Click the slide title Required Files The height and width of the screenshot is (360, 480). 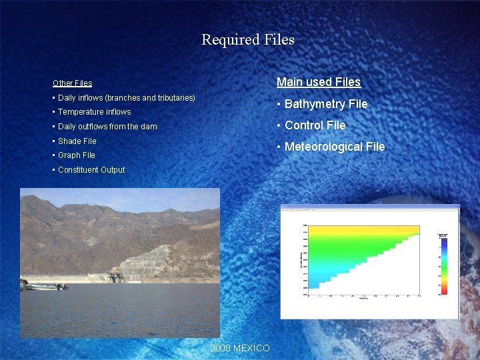248,40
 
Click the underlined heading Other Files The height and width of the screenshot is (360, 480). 72,83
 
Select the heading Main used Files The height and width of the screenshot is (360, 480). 318,82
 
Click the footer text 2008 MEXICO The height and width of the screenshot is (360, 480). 240,349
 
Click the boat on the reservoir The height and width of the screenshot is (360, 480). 44,285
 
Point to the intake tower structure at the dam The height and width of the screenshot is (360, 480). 115,275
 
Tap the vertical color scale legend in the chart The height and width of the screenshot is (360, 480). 443,263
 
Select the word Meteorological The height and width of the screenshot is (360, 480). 321,147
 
